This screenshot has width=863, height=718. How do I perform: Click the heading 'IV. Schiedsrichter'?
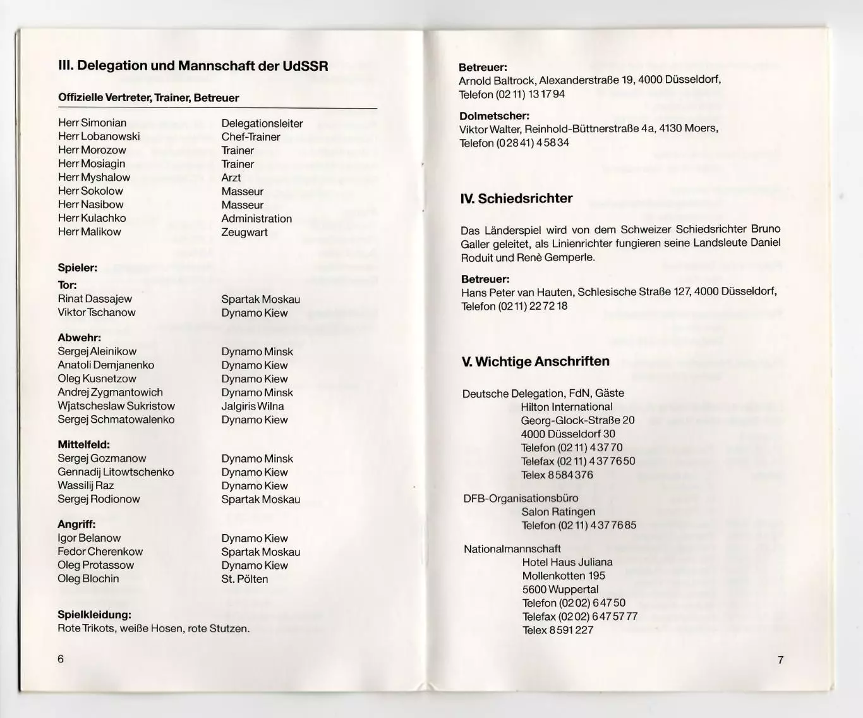[516, 198]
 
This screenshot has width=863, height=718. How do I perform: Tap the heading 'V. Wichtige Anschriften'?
[536, 362]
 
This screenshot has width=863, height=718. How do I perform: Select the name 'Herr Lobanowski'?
[99, 137]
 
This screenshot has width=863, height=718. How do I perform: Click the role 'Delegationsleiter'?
[262, 123]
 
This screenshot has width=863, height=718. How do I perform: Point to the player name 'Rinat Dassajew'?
[95, 299]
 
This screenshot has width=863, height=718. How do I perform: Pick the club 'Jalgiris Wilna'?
[253, 406]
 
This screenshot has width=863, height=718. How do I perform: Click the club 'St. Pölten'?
[244, 579]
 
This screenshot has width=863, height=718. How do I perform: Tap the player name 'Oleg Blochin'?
[88, 578]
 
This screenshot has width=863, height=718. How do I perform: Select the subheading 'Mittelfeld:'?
[84, 444]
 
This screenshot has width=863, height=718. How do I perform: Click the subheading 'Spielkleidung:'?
[94, 614]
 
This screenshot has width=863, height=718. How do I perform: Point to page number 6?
[61, 659]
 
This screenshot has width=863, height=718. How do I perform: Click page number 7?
[781, 660]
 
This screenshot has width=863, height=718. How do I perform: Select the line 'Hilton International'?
[567, 407]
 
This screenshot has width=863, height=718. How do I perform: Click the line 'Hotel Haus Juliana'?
[567, 562]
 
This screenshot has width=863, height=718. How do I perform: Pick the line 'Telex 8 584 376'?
[557, 475]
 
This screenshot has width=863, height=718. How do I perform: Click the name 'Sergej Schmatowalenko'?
[116, 419]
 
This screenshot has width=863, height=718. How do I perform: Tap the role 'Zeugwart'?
[244, 232]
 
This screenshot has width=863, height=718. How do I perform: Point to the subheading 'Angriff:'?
[77, 524]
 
